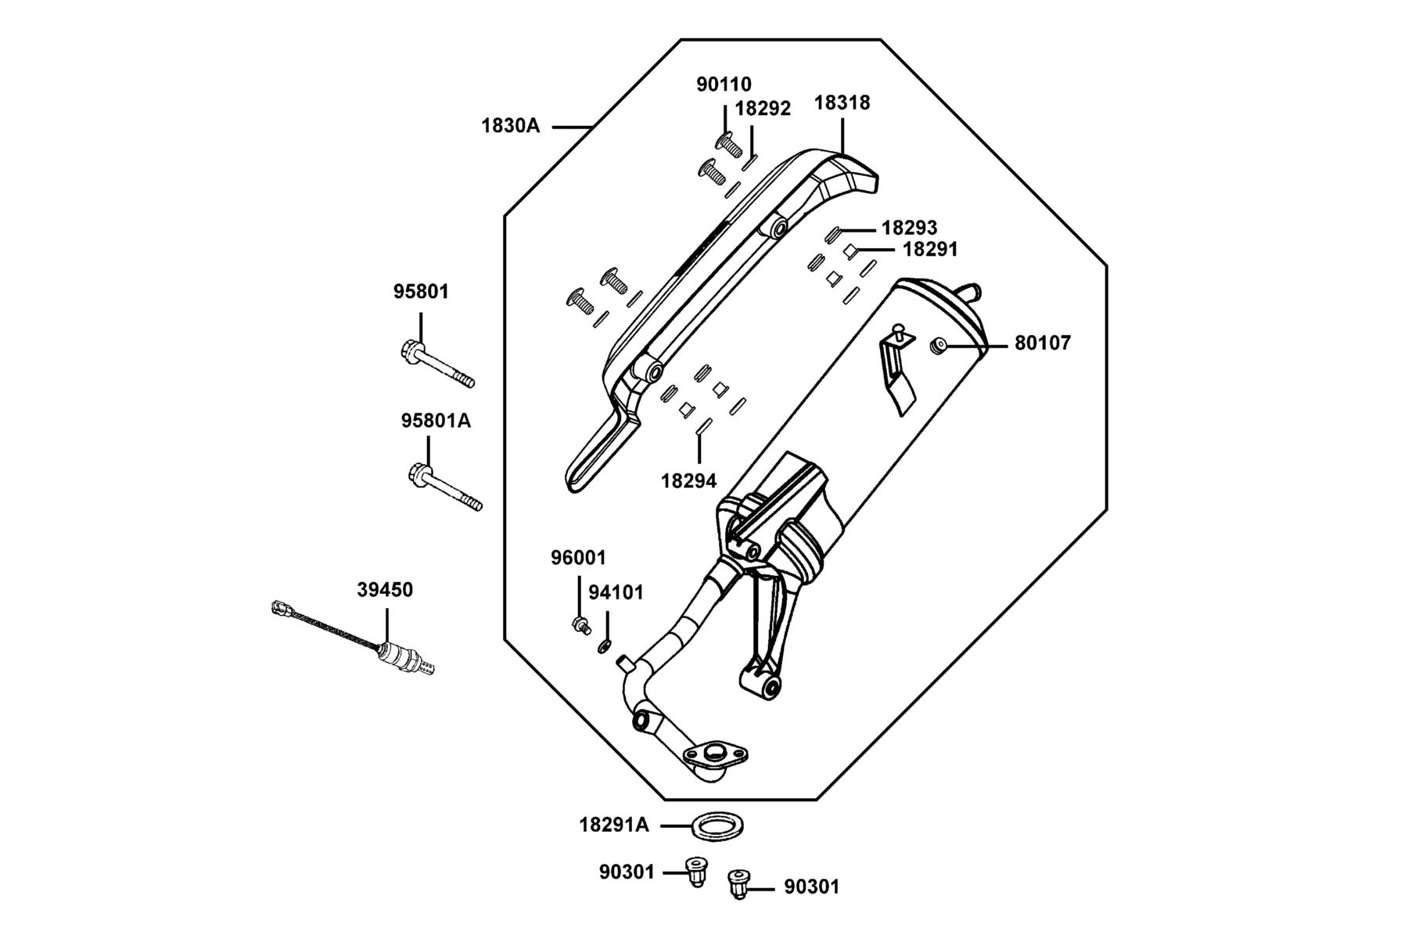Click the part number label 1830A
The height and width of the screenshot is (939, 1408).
(x=510, y=125)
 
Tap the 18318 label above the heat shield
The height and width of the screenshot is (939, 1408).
(x=842, y=103)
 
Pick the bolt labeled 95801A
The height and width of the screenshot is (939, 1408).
(x=444, y=488)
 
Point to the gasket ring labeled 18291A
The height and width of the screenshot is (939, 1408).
(x=716, y=826)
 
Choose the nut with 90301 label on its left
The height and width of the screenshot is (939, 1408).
(x=695, y=871)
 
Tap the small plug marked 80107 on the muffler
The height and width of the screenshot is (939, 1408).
(x=938, y=345)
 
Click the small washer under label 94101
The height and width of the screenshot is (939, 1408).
(x=604, y=646)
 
